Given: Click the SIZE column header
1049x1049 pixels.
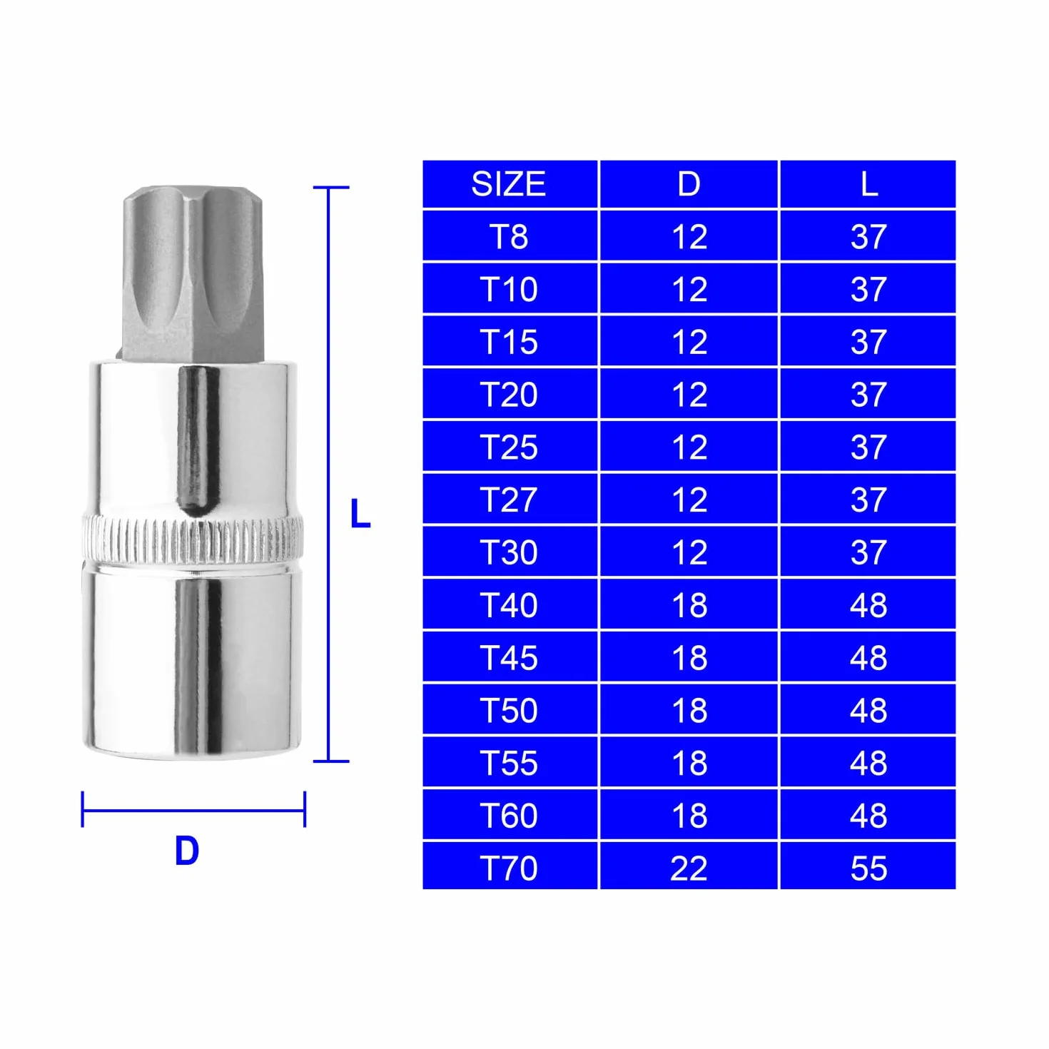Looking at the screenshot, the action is (x=508, y=184).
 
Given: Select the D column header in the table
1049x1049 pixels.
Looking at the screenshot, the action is (x=689, y=184).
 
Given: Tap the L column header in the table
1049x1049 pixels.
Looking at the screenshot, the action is (x=869, y=184).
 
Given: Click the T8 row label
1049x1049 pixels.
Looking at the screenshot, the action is (x=509, y=237).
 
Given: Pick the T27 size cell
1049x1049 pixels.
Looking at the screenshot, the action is (x=509, y=500).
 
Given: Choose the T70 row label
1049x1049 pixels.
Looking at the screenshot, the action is (x=509, y=868).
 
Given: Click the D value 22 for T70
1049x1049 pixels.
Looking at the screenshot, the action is (x=689, y=868).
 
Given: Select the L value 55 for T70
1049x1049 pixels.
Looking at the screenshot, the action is (x=868, y=868).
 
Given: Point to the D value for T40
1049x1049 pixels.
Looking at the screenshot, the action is (x=690, y=605).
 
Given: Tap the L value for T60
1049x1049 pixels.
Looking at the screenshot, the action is (x=868, y=816).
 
